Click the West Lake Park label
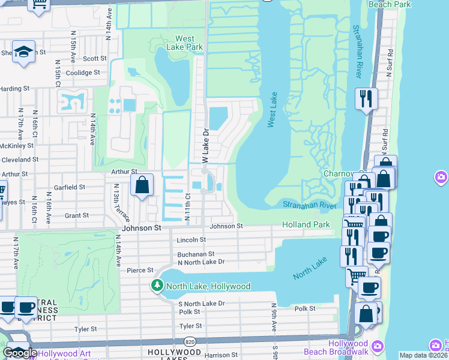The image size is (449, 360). (x=188, y=43)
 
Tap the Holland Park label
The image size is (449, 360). (x=306, y=225)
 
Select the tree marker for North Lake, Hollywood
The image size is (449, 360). (x=157, y=286)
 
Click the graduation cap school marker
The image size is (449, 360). (x=24, y=53)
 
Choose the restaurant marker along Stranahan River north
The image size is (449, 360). (x=366, y=99)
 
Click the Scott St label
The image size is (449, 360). (x=95, y=59)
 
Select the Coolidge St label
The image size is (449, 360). (x=83, y=73)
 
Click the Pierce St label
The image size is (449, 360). (x=137, y=271)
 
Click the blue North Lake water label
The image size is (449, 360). (x=310, y=268)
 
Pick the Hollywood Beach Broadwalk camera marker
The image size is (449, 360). (x=378, y=346)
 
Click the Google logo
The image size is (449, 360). (x=20, y=353)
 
